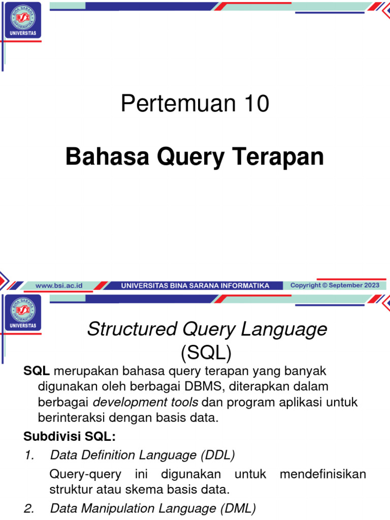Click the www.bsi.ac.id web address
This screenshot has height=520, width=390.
(59, 286)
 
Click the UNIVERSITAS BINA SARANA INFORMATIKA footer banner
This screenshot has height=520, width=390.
(195, 286)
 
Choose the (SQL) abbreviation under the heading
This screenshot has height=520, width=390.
(206, 351)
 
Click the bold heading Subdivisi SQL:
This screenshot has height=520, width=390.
(70, 437)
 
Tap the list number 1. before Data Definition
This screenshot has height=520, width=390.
(29, 456)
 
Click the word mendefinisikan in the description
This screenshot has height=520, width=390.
(322, 474)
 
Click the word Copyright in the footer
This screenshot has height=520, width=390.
(305, 285)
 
